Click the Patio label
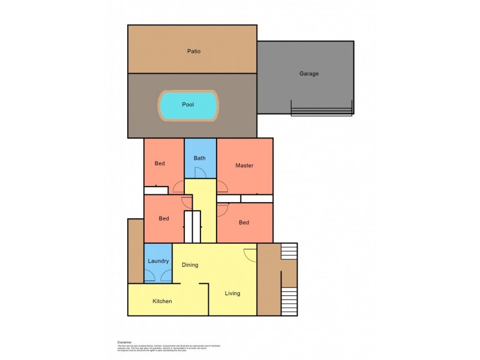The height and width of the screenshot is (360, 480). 193,51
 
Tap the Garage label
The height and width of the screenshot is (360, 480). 309,74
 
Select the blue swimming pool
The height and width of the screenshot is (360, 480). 188,105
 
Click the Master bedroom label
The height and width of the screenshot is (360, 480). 244,166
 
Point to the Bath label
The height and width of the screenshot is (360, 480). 200,158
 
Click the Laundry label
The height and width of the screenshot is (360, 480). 158,261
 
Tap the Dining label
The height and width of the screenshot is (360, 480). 190,265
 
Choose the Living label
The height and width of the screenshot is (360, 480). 232,293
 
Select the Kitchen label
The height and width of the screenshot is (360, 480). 162,301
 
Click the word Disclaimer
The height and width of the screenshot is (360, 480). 124,341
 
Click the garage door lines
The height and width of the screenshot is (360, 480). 321,111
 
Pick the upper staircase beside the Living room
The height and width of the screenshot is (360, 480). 289,251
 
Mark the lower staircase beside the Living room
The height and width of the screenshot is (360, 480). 289,301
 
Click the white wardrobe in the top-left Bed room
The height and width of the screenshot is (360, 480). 155,191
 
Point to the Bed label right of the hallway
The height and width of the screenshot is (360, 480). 244,223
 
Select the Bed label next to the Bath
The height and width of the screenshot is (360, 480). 160,163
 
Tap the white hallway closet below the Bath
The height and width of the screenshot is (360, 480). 192,226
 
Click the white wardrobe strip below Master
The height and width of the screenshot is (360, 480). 245,198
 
